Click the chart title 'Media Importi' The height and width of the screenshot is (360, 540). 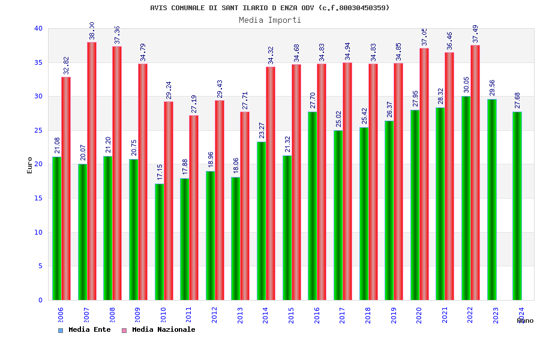pos(270,20)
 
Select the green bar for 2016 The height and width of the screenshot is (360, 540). pos(313,206)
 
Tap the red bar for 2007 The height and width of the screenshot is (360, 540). pos(92,171)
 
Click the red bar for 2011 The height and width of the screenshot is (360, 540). pos(194,208)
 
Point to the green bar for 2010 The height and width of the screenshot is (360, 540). pos(159,242)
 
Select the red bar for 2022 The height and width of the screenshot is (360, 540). pos(475,172)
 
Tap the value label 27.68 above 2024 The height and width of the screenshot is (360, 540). pos(517,100)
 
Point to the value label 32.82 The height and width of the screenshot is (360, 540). pos(66,65)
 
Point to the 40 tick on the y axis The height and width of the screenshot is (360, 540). pos(38,28)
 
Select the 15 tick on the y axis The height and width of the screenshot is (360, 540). pos(38,198)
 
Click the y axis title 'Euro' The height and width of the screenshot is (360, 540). pos(30,165)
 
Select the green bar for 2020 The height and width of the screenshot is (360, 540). pos(415,205)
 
